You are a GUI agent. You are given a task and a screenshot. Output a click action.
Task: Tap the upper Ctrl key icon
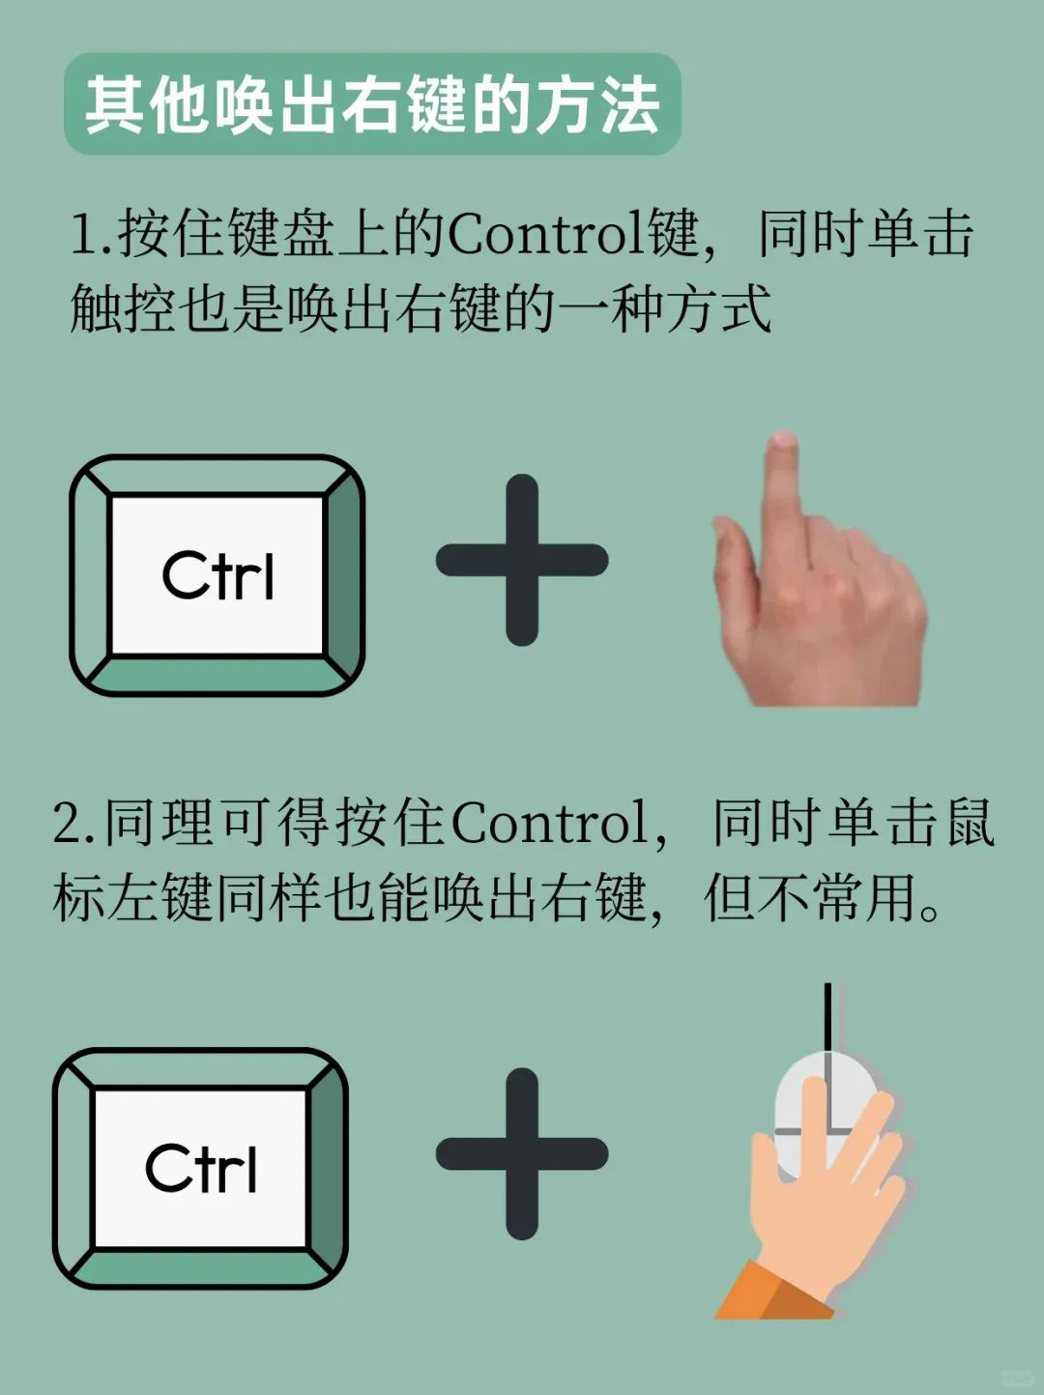coord(217,575)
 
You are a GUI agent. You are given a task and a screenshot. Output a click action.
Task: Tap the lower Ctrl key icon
coord(200,1168)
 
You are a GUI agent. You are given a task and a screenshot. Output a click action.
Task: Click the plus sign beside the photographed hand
coord(522,560)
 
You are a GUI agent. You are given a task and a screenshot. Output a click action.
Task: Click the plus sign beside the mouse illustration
coord(522,1153)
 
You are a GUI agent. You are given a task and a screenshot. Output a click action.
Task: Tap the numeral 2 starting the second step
coord(66,824)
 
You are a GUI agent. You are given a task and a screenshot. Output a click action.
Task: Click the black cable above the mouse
coord(827,1018)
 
